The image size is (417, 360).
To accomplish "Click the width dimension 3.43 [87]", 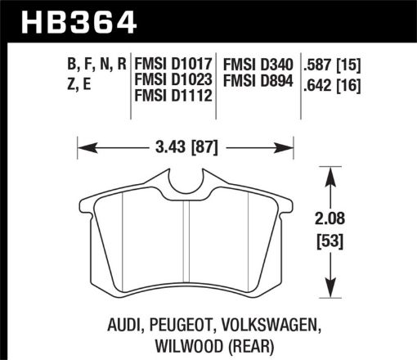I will click(186, 149).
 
